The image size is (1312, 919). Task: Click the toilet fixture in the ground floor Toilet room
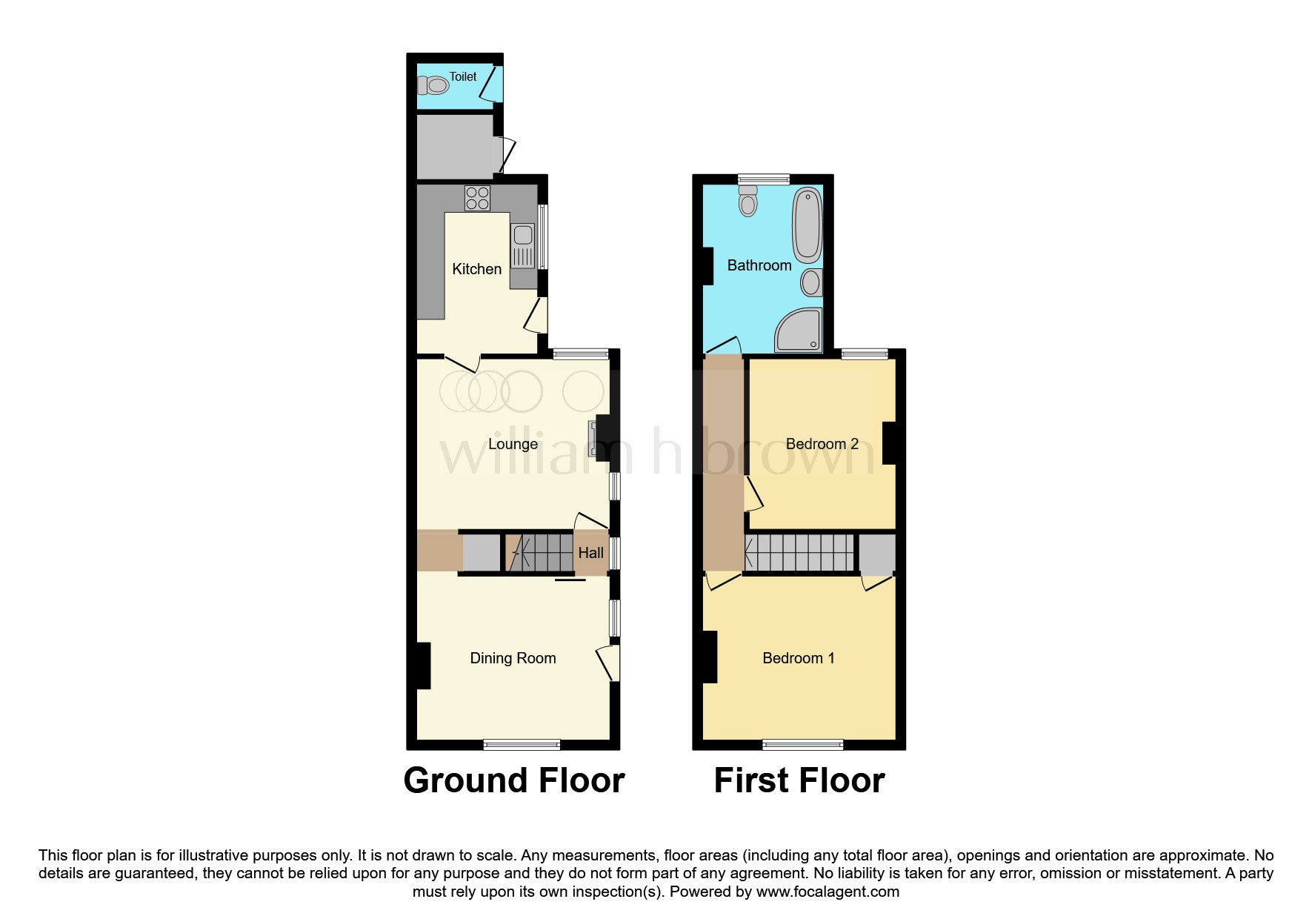click(433, 86)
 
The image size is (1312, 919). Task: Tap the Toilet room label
click(463, 76)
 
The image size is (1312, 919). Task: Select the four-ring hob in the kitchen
click(477, 198)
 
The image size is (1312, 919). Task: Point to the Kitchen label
click(476, 269)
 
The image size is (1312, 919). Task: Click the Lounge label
click(513, 444)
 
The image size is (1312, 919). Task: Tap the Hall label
click(590, 553)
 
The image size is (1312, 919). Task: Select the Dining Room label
click(513, 658)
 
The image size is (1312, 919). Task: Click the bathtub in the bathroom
click(807, 225)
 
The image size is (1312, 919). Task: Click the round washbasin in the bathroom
click(811, 282)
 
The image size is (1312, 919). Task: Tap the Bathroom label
click(759, 265)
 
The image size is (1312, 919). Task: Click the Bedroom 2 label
click(822, 444)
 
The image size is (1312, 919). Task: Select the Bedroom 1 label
click(798, 658)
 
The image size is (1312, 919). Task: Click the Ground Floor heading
click(513, 780)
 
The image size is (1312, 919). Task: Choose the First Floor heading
click(799, 780)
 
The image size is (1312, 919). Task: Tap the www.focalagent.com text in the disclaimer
click(828, 892)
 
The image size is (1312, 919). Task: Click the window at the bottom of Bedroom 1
click(802, 744)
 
